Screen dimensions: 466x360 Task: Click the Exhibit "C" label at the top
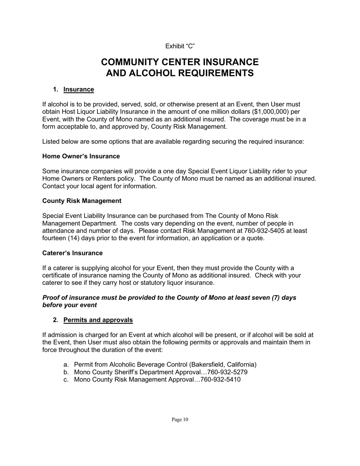(180, 46)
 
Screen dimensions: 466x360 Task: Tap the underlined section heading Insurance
(78, 89)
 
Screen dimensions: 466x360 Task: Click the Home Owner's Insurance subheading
(81, 156)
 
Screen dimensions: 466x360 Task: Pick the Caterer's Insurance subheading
(72, 253)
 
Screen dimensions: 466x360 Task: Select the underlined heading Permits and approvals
(98, 320)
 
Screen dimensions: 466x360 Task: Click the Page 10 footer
(180, 419)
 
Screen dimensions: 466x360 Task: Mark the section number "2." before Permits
(56, 320)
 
